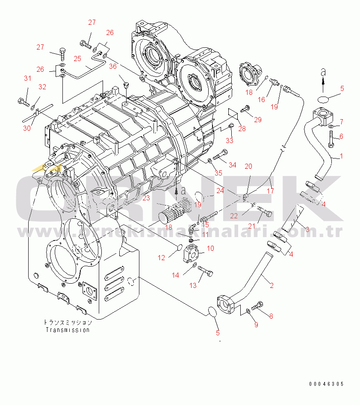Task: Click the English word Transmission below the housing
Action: (x=68, y=330)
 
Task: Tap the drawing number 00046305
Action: (x=327, y=384)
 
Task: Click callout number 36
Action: (x=113, y=66)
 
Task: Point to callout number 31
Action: (x=27, y=78)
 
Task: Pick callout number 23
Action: (x=147, y=198)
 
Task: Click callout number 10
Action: (x=210, y=248)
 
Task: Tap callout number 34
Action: (x=232, y=165)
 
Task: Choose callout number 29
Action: (x=257, y=120)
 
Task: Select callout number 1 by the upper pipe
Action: (x=341, y=157)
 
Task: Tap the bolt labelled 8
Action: (x=257, y=306)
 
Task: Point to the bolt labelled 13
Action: (x=205, y=272)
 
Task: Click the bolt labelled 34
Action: (x=220, y=156)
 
